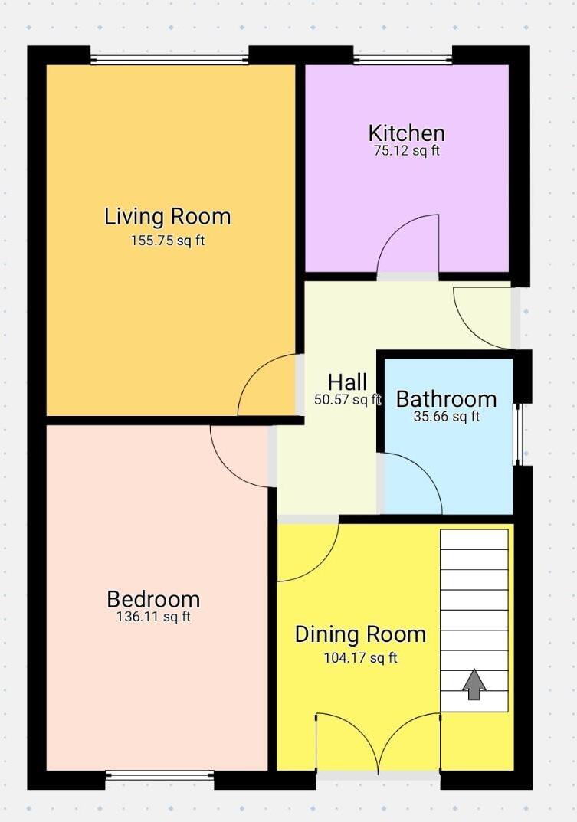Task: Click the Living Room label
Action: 167,217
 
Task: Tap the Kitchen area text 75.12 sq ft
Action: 406,151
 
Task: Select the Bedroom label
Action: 153,599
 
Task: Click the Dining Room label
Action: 360,634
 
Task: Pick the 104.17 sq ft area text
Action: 360,657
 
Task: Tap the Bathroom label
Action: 446,399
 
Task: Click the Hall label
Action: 347,382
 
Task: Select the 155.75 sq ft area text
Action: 167,241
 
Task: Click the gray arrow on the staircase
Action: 474,683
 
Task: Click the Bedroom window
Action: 159,775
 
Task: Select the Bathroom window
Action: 517,434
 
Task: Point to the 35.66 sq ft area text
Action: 446,417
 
